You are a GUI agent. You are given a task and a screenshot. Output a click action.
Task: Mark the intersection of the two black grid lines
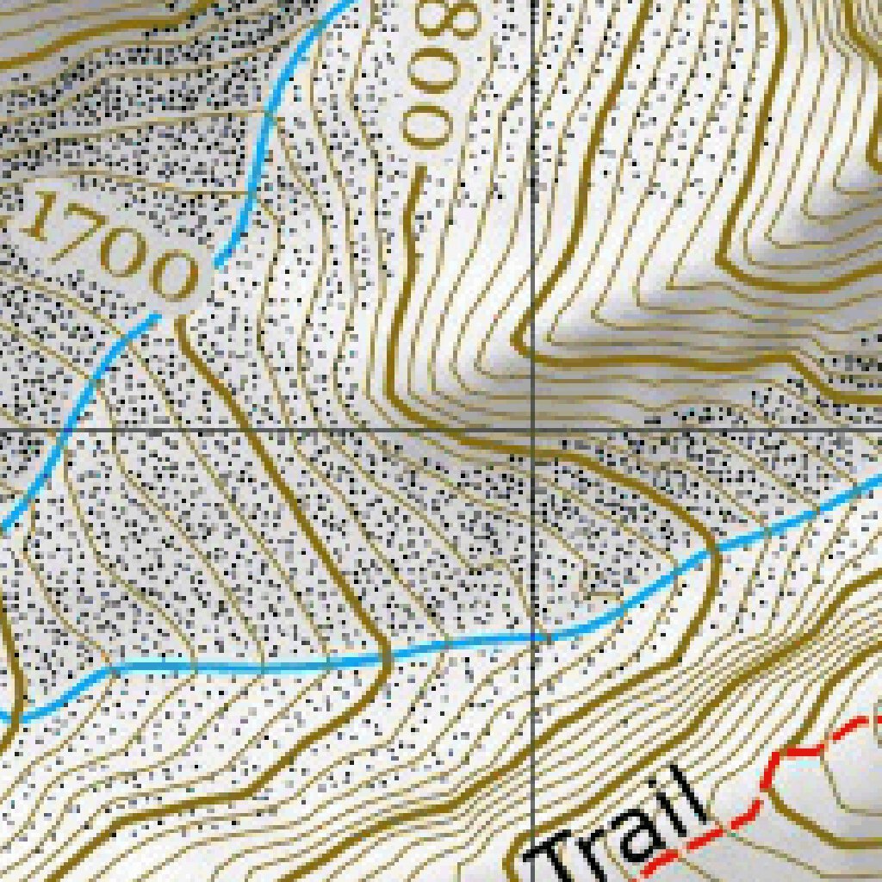click(533, 428)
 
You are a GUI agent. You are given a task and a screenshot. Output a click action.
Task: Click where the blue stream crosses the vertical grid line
click(533, 638)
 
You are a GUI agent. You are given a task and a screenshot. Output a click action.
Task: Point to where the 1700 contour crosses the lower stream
click(384, 659)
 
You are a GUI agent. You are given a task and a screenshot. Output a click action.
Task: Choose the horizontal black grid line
click(258, 428)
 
